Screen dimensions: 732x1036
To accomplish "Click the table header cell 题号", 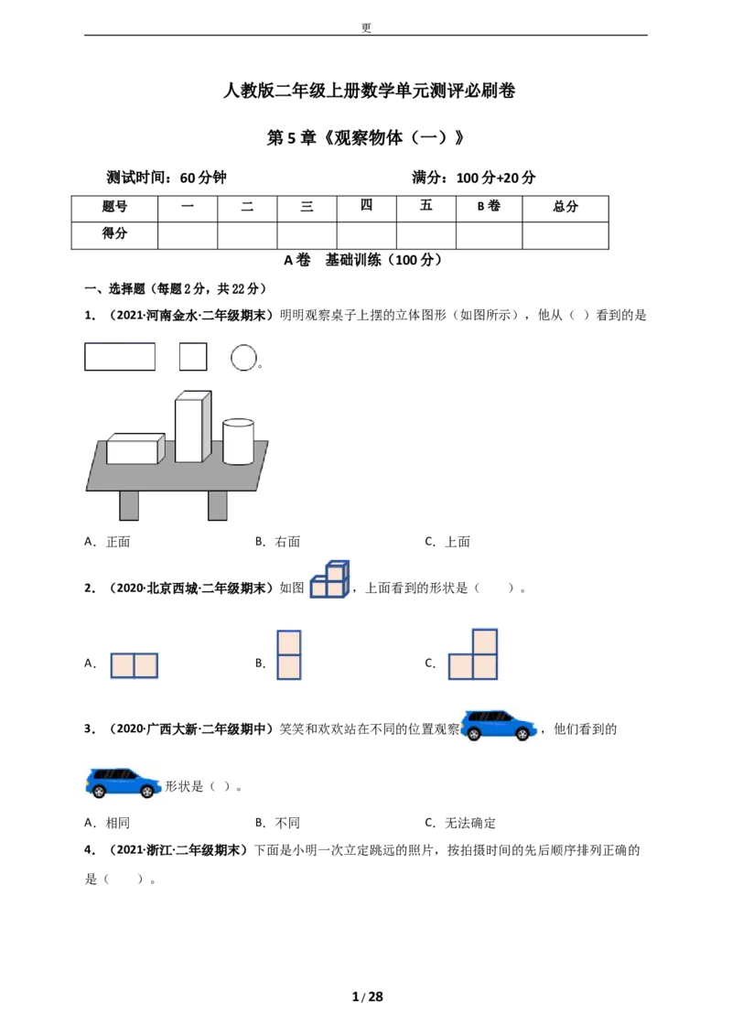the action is pyautogui.click(x=114, y=208).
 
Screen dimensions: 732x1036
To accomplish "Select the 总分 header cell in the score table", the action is pyautogui.click(x=565, y=208).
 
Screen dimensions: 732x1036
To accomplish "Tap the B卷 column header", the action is pyautogui.click(x=489, y=208).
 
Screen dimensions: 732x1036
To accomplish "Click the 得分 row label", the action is pyautogui.click(x=114, y=234).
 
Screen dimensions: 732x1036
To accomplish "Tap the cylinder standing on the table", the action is pyautogui.click(x=238, y=441).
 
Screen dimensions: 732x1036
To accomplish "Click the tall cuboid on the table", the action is pyautogui.click(x=193, y=426).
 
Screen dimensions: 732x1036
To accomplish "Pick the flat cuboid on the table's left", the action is pyautogui.click(x=135, y=448).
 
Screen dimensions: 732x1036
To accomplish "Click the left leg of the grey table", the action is pyautogui.click(x=129, y=505).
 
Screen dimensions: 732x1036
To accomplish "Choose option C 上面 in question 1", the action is pyautogui.click(x=447, y=542).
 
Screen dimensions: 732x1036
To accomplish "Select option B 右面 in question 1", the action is pyautogui.click(x=277, y=542).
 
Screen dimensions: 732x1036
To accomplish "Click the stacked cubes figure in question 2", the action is pyautogui.click(x=329, y=579).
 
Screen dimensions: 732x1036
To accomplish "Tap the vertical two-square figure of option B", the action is pyautogui.click(x=289, y=654).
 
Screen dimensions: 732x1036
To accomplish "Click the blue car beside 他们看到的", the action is pyautogui.click(x=499, y=726).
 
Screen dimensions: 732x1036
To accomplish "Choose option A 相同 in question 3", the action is pyautogui.click(x=107, y=823).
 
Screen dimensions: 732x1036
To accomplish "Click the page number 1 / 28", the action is pyautogui.click(x=367, y=997).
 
